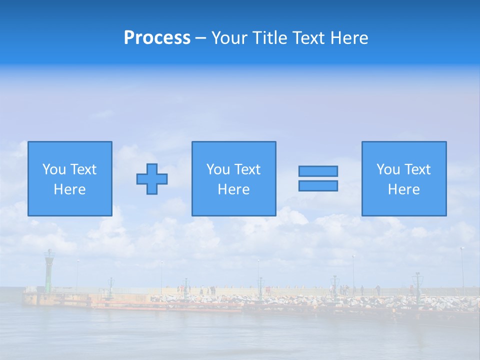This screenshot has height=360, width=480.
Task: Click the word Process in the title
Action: click(x=157, y=38)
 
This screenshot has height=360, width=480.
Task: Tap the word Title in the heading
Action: click(x=268, y=38)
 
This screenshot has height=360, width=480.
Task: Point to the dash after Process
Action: click(x=201, y=38)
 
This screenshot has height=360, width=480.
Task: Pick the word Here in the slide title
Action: click(x=348, y=38)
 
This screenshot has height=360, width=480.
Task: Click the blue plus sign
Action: click(x=152, y=178)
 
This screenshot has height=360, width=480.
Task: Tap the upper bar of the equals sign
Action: click(x=318, y=171)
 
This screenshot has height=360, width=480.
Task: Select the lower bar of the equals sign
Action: click(x=318, y=185)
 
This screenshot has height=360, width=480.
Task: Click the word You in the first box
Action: click(x=54, y=169)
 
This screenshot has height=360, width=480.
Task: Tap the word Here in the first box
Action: click(x=70, y=189)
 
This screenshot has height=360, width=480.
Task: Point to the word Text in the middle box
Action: click(x=247, y=169)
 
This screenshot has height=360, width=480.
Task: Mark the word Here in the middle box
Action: click(x=233, y=189)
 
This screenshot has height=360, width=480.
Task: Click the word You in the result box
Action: click(x=388, y=169)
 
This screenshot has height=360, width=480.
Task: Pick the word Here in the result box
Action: click(x=404, y=189)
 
